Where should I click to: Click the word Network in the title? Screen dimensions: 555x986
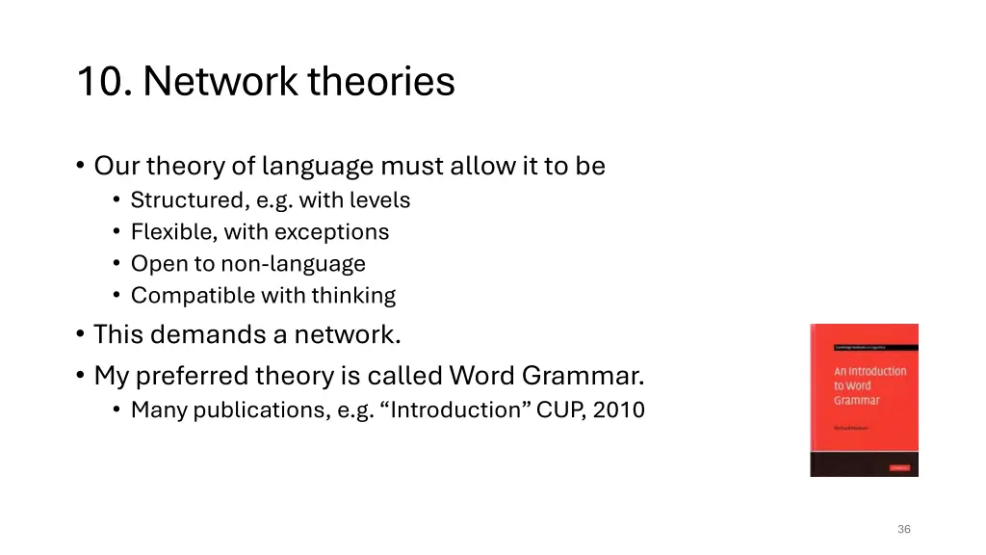point(220,82)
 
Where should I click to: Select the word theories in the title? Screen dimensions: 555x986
point(381,82)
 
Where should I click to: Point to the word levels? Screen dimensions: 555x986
point(383,200)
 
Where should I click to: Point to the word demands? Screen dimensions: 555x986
point(201,335)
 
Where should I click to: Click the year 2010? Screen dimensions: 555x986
point(618,410)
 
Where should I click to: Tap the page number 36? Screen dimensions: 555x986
point(903,529)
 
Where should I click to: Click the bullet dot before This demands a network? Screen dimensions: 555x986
point(79,335)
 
